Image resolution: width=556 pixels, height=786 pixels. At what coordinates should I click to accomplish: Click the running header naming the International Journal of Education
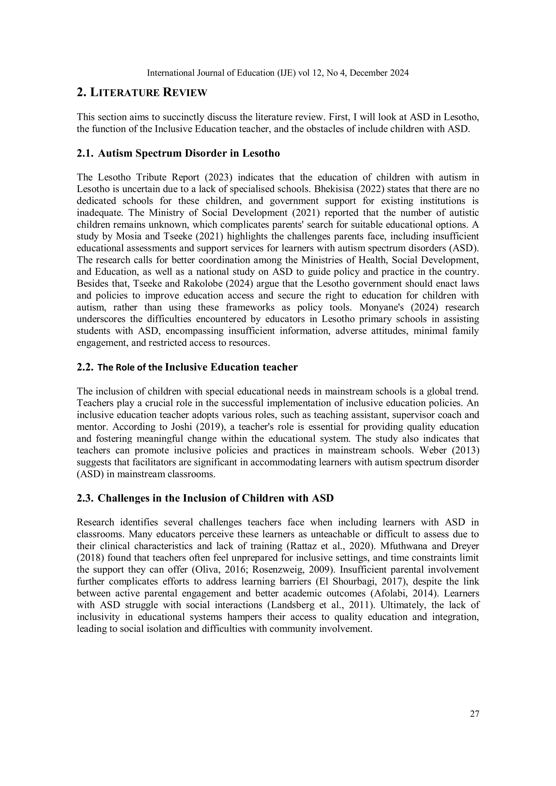[277, 73]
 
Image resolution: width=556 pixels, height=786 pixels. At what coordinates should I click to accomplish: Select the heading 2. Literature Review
[142, 93]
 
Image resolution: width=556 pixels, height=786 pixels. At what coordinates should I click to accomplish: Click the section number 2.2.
[85, 367]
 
